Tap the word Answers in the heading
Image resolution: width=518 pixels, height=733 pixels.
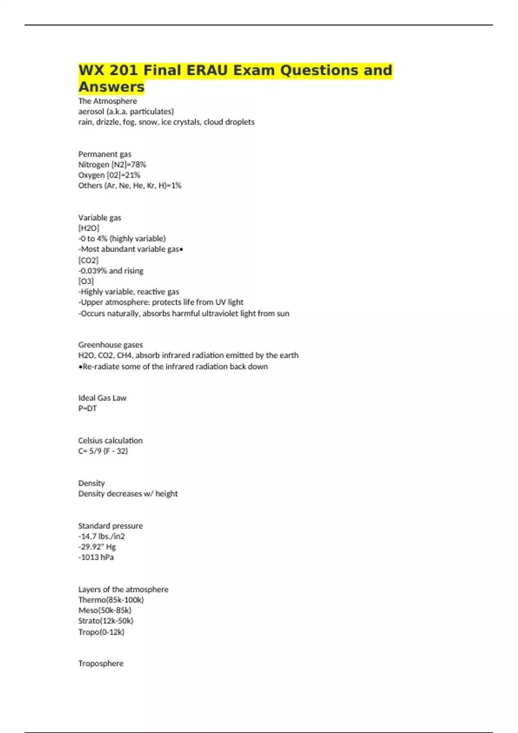point(111,87)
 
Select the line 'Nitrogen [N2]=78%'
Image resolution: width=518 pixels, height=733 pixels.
point(112,164)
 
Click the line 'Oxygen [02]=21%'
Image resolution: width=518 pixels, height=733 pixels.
point(109,175)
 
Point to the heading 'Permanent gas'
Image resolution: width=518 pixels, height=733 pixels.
point(105,154)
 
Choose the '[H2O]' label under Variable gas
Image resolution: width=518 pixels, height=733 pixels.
point(88,228)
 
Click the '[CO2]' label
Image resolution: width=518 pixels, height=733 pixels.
point(88,260)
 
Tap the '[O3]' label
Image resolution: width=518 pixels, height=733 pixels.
point(86,281)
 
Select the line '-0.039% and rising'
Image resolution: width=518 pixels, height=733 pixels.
point(111,271)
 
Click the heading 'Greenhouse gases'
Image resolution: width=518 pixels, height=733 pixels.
point(111,345)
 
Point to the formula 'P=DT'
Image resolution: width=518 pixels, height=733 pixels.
point(88,408)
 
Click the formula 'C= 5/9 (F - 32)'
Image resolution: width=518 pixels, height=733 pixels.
point(103,451)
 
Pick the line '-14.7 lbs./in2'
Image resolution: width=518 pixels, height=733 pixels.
point(101,536)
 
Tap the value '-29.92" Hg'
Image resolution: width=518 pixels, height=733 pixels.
point(97,547)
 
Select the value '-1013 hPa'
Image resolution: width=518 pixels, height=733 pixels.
point(96,557)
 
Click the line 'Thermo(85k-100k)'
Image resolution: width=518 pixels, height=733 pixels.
point(111,600)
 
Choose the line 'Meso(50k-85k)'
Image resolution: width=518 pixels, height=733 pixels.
point(105,610)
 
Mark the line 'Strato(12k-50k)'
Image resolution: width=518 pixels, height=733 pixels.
point(106,621)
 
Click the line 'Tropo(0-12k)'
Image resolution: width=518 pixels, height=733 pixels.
point(101,632)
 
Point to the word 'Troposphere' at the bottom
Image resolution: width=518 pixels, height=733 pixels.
point(101,663)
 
